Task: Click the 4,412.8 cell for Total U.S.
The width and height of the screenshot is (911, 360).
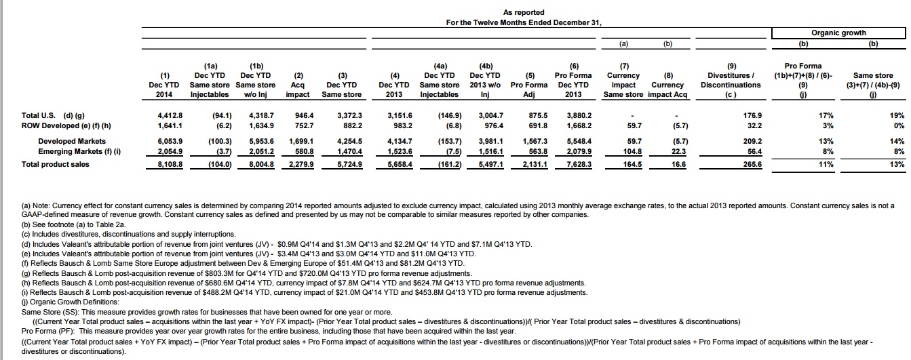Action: (x=170, y=115)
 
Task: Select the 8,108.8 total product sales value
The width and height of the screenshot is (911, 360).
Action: (x=170, y=165)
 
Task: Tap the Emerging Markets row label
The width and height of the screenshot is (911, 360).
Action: (x=79, y=152)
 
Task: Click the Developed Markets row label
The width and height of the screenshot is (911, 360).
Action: (x=72, y=142)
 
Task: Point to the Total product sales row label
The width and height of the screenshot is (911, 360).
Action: (x=56, y=165)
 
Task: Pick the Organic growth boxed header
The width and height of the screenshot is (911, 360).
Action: (x=838, y=33)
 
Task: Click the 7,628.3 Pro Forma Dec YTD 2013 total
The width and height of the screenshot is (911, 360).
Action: (x=579, y=165)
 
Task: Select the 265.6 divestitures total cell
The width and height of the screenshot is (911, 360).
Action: (x=752, y=165)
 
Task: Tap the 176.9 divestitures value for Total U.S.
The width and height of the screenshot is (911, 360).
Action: (x=752, y=115)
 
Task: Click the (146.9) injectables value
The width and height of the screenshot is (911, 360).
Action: (x=450, y=115)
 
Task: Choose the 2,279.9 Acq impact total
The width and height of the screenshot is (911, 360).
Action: (x=301, y=165)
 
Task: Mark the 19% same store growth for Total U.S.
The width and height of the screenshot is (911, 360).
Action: (x=897, y=115)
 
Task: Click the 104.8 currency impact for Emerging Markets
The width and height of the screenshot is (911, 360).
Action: (x=632, y=152)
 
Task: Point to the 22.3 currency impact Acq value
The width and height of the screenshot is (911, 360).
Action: (x=679, y=152)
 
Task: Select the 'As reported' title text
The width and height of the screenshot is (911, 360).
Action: (x=524, y=13)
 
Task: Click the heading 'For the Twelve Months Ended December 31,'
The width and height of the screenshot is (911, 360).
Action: (x=524, y=23)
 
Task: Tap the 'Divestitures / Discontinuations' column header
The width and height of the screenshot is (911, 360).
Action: (x=731, y=80)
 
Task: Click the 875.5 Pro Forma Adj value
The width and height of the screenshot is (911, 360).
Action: (x=538, y=115)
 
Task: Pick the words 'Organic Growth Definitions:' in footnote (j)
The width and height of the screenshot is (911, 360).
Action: (x=75, y=302)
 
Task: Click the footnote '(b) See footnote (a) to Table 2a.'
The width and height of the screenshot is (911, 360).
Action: (x=74, y=224)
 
